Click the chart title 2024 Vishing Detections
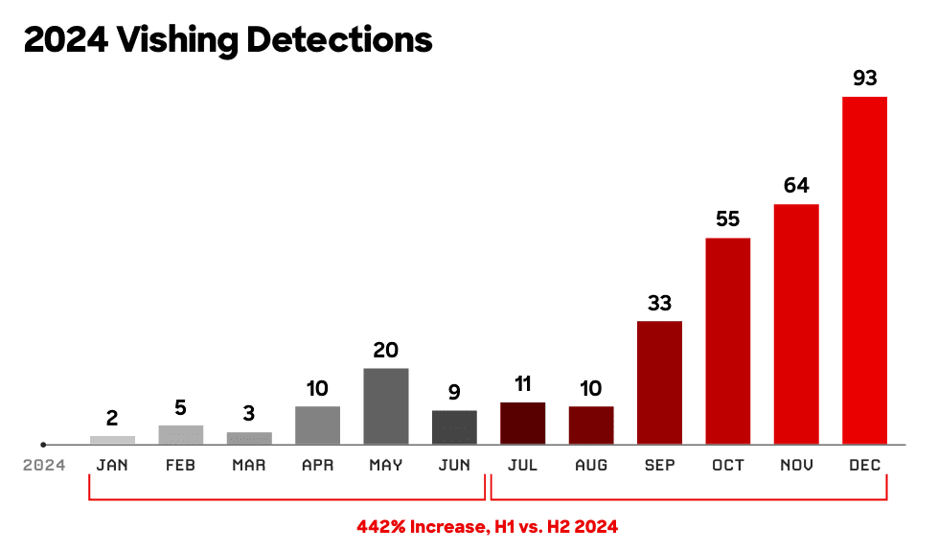[228, 40]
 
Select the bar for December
[864, 270]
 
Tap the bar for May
[385, 406]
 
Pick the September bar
[659, 382]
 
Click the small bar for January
[112, 440]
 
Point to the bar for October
[727, 341]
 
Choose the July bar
[522, 424]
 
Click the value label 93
[864, 79]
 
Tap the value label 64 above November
[796, 186]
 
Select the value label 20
[385, 351]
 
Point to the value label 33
[659, 304]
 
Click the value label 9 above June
[454, 393]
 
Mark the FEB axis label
[180, 466]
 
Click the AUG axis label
[591, 466]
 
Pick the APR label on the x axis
[317, 466]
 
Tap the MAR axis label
[249, 466]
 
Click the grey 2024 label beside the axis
[45, 466]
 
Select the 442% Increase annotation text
[488, 526]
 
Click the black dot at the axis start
[43, 445]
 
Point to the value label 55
[727, 219]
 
